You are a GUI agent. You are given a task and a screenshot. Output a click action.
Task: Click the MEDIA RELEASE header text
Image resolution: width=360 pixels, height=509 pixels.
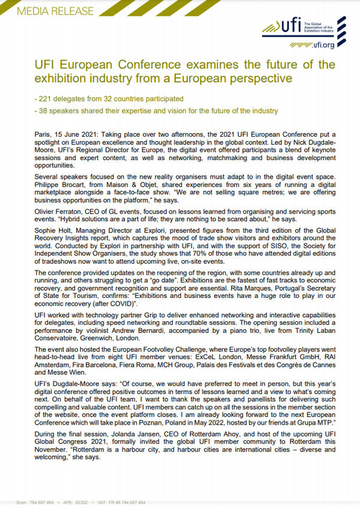click(56, 11)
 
